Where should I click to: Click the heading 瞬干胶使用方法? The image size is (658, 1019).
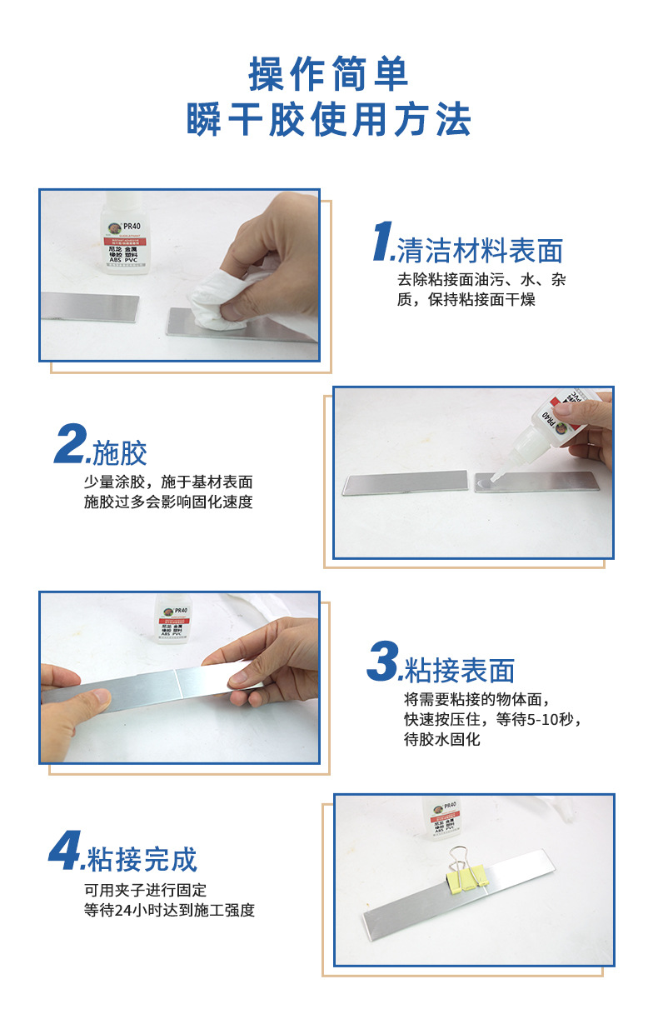tap(328, 119)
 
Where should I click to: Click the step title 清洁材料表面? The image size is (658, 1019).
tap(480, 250)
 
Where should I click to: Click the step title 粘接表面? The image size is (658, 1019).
tap(459, 670)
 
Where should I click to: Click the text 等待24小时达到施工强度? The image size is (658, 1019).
tap(169, 910)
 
